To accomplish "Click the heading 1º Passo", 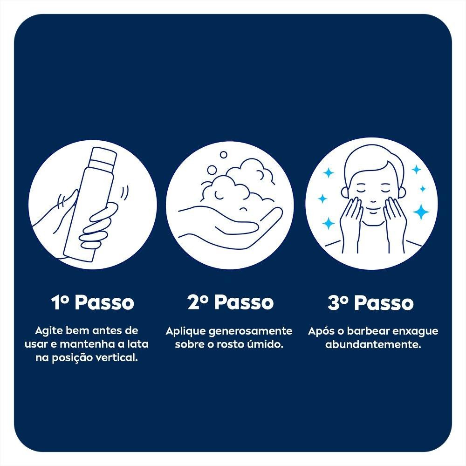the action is tap(92, 302).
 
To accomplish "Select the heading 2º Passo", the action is tap(230, 302).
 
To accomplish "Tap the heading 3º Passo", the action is tap(370, 302).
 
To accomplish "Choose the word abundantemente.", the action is tap(373, 344).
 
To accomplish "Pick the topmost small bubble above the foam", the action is tap(223, 155).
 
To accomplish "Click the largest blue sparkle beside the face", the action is tap(420, 212).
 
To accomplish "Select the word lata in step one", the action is tap(137, 344).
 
